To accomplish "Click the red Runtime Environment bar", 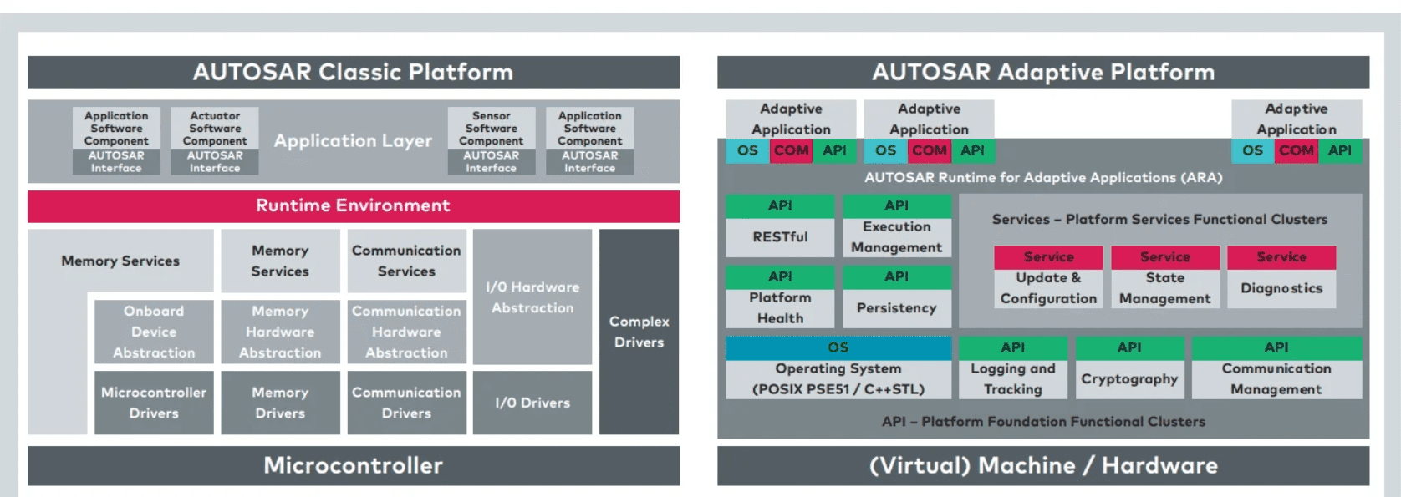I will [353, 205].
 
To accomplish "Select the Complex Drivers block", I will [639, 332].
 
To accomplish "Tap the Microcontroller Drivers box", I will [154, 403].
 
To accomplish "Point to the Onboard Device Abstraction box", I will [154, 332].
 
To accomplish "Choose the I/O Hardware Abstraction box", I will [532, 297].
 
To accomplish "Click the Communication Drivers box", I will [406, 403].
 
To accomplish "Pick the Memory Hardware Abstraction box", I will [280, 332].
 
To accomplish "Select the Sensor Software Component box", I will [491, 129].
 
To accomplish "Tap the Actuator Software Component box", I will [215, 129].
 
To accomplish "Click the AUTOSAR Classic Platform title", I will [353, 72].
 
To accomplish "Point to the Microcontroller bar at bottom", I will [353, 465].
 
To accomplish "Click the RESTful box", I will [780, 237].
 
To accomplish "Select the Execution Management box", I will [896, 237].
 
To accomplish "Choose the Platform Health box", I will [780, 307].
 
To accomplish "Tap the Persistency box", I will [896, 307].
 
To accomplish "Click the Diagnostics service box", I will [1281, 288].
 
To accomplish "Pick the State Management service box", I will [1164, 288].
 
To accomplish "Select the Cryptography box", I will [1129, 378].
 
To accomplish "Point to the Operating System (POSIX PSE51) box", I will [838, 378].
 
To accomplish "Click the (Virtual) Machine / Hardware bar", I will [1043, 465].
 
